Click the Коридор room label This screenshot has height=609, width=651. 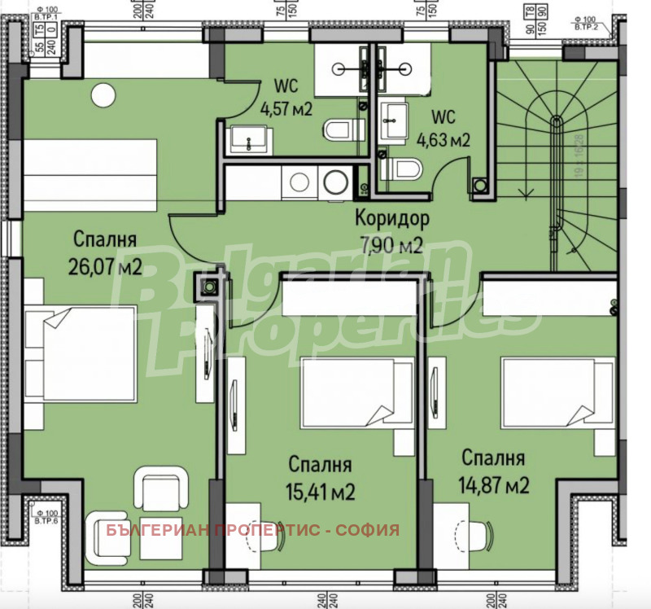point(391,218)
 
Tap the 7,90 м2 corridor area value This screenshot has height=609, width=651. point(391,243)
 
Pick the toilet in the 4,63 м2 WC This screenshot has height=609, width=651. point(404,169)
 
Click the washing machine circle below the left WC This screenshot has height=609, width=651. point(334,182)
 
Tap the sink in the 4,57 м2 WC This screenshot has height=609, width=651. point(243,140)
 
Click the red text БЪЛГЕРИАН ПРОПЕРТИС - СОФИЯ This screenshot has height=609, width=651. point(253,531)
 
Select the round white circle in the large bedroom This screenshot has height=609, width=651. point(103,96)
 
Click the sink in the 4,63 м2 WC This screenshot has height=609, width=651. point(396,118)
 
